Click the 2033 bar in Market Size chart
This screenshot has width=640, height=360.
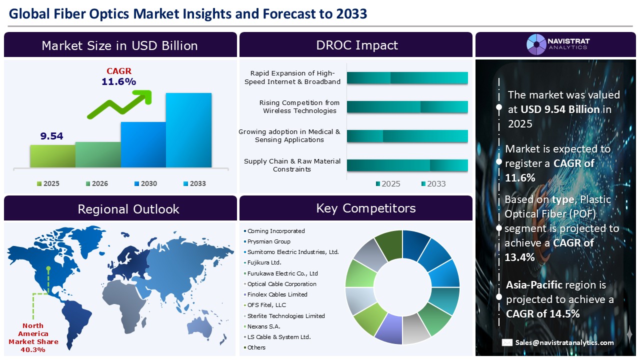(x=188, y=130)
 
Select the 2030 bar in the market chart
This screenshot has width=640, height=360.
(x=143, y=144)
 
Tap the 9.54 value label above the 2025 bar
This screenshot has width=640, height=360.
(x=52, y=136)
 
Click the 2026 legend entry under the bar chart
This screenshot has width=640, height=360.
(x=96, y=183)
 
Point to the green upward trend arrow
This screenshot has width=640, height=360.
(x=120, y=104)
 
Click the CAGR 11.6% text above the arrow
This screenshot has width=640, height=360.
(x=118, y=76)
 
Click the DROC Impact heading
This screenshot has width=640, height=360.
(x=356, y=45)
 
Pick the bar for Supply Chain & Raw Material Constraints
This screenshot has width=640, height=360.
(x=407, y=165)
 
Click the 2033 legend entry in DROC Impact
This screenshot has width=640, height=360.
(x=433, y=183)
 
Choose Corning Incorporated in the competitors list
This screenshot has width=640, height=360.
(x=276, y=231)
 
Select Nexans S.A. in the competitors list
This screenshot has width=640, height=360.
(x=264, y=326)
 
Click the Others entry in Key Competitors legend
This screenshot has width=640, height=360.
(x=256, y=347)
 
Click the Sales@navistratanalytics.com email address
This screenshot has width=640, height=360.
(x=564, y=342)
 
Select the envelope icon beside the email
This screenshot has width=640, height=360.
(x=507, y=342)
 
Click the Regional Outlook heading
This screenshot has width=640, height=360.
(x=128, y=208)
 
